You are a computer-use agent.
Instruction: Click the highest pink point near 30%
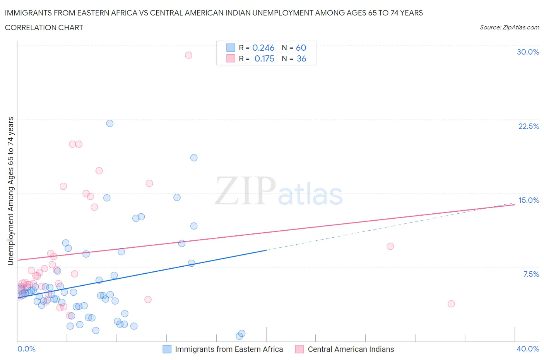pyautogui.click(x=188, y=55)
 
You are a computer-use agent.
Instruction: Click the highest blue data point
pyautogui.click(x=110, y=123)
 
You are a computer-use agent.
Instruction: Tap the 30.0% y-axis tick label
pyautogui.click(x=528, y=52)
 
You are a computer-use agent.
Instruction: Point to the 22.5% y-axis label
pyautogui.click(x=529, y=126)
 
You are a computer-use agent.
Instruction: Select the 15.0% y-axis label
pyautogui.click(x=529, y=200)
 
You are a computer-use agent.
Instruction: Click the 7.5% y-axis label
pyautogui.click(x=531, y=274)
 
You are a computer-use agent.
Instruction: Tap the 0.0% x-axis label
pyautogui.click(x=26, y=349)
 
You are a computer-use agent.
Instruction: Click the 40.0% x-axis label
pyautogui.click(x=528, y=349)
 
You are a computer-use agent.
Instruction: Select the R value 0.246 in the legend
pyautogui.click(x=263, y=48)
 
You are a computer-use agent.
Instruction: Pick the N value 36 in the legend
pyautogui.click(x=301, y=58)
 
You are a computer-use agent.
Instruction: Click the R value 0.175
pyautogui.click(x=264, y=58)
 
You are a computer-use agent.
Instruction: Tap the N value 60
pyautogui.click(x=301, y=48)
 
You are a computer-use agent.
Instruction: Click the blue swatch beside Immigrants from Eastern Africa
pyautogui.click(x=167, y=349)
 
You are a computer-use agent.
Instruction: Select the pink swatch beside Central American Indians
pyautogui.click(x=299, y=349)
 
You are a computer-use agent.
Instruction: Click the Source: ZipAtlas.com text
pyautogui.click(x=509, y=27)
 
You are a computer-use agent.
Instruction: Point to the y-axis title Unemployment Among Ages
pyautogui.click(x=11, y=191)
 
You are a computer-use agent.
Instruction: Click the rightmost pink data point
pyautogui.click(x=451, y=304)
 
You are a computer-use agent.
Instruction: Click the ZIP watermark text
pyautogui.click(x=245, y=191)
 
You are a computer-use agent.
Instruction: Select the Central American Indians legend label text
pyautogui.click(x=351, y=349)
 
